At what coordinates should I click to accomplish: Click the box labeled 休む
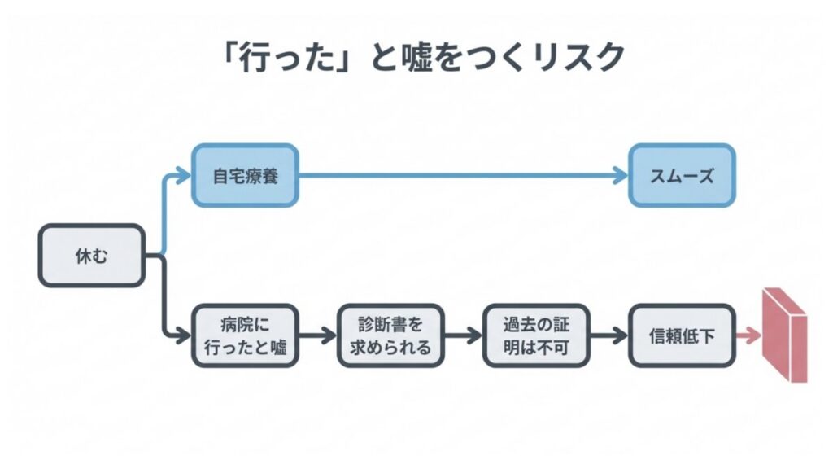(x=92, y=256)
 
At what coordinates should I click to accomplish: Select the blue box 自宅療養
(x=245, y=174)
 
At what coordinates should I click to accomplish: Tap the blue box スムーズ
(x=682, y=174)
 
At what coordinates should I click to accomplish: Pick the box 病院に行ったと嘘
(x=244, y=335)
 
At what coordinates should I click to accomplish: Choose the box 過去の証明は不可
(x=536, y=335)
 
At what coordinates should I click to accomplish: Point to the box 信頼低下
(x=682, y=335)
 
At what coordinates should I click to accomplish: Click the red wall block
(x=784, y=334)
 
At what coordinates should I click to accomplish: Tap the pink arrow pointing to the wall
(x=748, y=335)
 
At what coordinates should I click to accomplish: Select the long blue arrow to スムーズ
(x=464, y=174)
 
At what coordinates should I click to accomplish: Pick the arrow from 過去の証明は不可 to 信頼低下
(x=609, y=335)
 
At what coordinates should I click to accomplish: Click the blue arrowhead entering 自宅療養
(x=184, y=174)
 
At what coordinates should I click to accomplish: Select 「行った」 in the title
(x=281, y=58)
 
